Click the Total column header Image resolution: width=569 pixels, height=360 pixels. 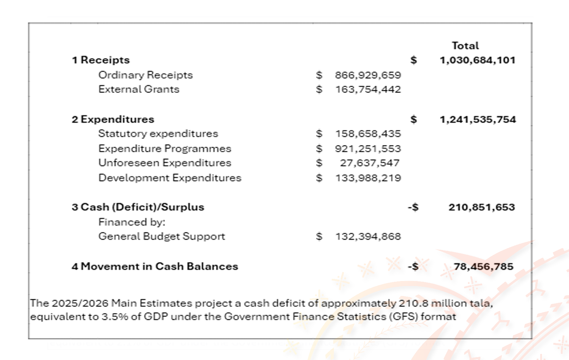(465, 46)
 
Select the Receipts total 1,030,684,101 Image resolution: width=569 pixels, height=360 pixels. (477, 60)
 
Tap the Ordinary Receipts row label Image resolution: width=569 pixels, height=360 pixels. (145, 75)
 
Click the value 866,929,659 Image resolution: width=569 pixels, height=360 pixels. (368, 75)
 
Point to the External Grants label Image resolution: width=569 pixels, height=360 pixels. (139, 89)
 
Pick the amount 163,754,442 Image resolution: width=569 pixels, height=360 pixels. (368, 89)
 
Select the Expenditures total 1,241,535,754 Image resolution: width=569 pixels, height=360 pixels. (477, 120)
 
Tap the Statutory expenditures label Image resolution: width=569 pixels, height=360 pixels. (158, 134)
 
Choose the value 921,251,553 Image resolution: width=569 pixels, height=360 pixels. (368, 149)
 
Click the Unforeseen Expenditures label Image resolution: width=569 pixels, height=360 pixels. (165, 163)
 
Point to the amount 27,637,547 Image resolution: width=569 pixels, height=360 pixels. (369, 163)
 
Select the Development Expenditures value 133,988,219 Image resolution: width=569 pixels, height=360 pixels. (368, 178)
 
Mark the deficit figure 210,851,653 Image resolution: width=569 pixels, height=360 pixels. (482, 207)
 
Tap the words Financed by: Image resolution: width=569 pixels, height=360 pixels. (132, 222)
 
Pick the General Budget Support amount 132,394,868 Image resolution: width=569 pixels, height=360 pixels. (368, 237)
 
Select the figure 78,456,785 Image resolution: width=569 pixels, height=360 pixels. (483, 266)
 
